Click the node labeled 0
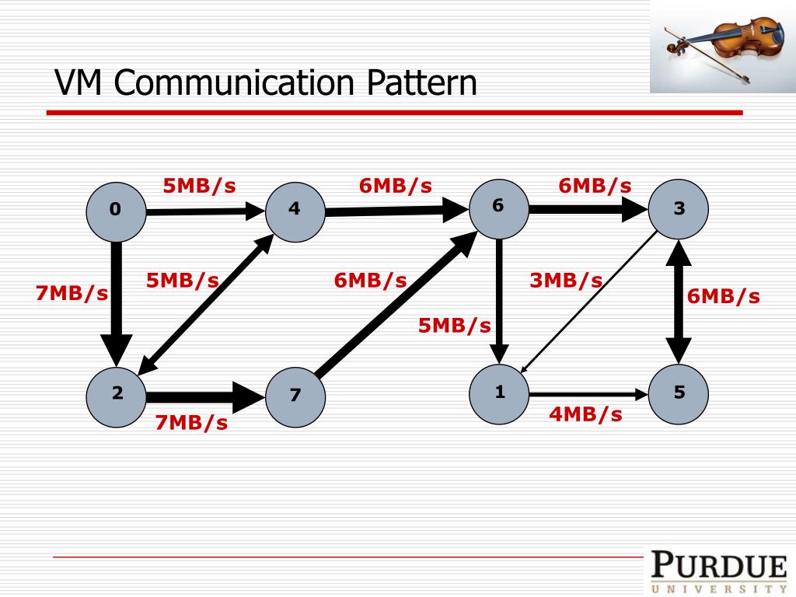coord(116,210)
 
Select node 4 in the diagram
coord(295,210)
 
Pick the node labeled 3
coord(679,209)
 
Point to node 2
coord(117,393)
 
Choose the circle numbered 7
coord(295,395)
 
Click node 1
coord(499,393)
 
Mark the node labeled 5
coord(679,393)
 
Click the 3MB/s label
coord(566,281)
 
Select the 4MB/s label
coord(585,414)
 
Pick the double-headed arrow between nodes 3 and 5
coord(679,302)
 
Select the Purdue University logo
coord(719,571)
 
